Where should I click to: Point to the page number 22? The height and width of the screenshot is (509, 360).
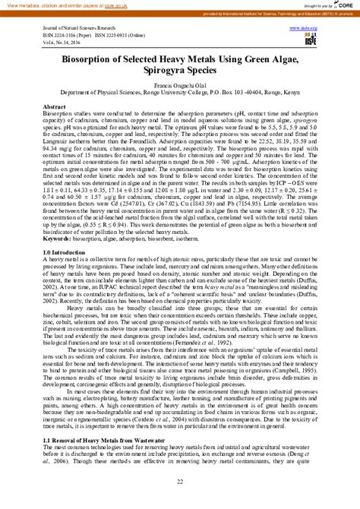pos(180,482)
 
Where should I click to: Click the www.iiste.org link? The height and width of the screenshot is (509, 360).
pos(302,26)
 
